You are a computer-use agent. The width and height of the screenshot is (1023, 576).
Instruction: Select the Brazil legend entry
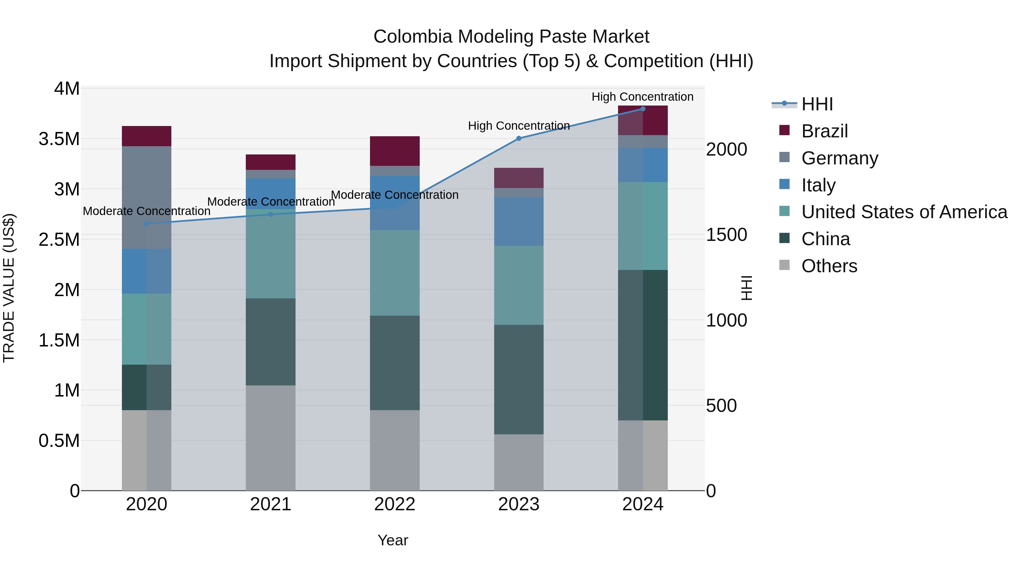pos(824,131)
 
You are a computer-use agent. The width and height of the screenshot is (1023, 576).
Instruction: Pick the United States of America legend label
pos(904,212)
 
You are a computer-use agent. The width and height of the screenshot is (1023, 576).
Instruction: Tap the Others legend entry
pos(829,266)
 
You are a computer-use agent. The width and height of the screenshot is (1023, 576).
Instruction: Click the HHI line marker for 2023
pos(519,138)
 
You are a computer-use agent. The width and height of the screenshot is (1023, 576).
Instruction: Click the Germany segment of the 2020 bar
pos(147,198)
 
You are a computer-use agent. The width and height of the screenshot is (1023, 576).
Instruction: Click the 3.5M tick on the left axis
pos(59,139)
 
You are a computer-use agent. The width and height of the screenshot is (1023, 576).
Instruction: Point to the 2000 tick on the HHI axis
pos(726,149)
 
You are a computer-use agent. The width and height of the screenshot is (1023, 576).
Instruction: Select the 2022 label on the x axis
pos(395,504)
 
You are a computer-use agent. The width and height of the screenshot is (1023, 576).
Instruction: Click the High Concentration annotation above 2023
pos(519,126)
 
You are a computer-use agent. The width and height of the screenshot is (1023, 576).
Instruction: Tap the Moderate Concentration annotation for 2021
pos(271,202)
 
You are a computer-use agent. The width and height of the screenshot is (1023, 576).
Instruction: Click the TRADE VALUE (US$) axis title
pos(9,288)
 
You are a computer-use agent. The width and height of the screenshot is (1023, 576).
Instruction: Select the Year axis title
pos(393,540)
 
